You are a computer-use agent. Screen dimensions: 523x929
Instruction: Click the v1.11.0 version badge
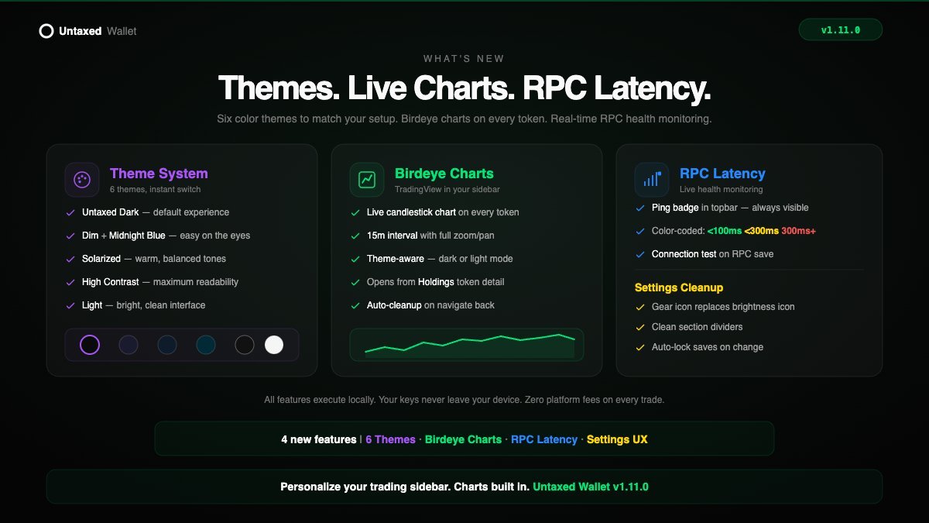(x=840, y=30)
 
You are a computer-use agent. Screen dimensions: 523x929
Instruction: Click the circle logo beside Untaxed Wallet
(x=46, y=31)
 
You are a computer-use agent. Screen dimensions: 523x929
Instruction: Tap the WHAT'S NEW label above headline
(x=464, y=59)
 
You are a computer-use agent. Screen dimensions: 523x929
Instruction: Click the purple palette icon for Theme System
(x=82, y=180)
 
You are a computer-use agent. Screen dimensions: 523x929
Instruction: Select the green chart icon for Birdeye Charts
(x=367, y=180)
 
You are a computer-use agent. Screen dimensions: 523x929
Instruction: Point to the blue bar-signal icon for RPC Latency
(x=651, y=180)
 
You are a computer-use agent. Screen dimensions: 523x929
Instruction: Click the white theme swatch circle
(x=274, y=345)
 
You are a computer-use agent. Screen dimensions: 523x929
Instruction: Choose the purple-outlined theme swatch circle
(x=90, y=345)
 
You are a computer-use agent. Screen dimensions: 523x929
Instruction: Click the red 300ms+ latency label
(x=798, y=232)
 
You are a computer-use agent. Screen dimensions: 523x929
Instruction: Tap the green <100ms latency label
(x=724, y=232)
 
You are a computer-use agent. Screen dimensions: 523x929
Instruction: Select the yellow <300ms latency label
(x=761, y=232)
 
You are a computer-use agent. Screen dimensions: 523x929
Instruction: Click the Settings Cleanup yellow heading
(x=678, y=287)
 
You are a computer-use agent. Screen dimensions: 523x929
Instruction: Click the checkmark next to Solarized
(x=70, y=259)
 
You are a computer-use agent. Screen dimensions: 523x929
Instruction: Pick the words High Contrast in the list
(x=111, y=282)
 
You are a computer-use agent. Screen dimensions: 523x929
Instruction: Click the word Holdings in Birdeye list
(x=436, y=282)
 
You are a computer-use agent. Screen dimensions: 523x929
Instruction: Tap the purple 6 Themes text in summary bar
(x=390, y=439)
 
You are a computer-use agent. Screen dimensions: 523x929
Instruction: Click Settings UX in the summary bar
(x=617, y=439)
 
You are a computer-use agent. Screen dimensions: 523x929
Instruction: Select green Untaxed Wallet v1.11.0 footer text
(x=591, y=487)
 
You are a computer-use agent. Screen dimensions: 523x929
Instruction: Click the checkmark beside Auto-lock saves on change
(x=639, y=347)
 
